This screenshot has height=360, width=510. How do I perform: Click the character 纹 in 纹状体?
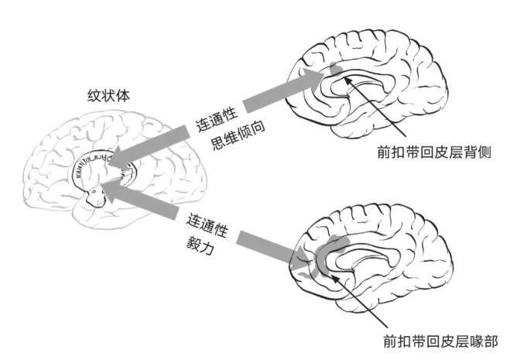pyautogui.click(x=94, y=96)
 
